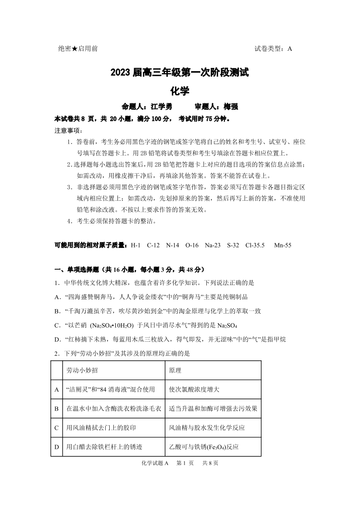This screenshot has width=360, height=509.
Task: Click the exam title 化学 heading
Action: click(x=180, y=91)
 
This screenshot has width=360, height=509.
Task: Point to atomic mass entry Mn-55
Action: click(x=282, y=245)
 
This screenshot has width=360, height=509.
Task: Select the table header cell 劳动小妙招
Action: click(x=82, y=370)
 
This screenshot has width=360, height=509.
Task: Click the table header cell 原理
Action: click(x=175, y=370)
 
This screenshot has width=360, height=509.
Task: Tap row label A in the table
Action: click(x=57, y=389)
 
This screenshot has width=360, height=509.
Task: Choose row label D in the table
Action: click(x=57, y=447)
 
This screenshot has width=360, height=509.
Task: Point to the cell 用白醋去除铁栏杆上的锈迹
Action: click(x=104, y=447)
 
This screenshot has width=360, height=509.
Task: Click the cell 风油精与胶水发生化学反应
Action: click(x=207, y=428)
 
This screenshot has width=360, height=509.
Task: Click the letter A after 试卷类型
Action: click(x=290, y=49)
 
